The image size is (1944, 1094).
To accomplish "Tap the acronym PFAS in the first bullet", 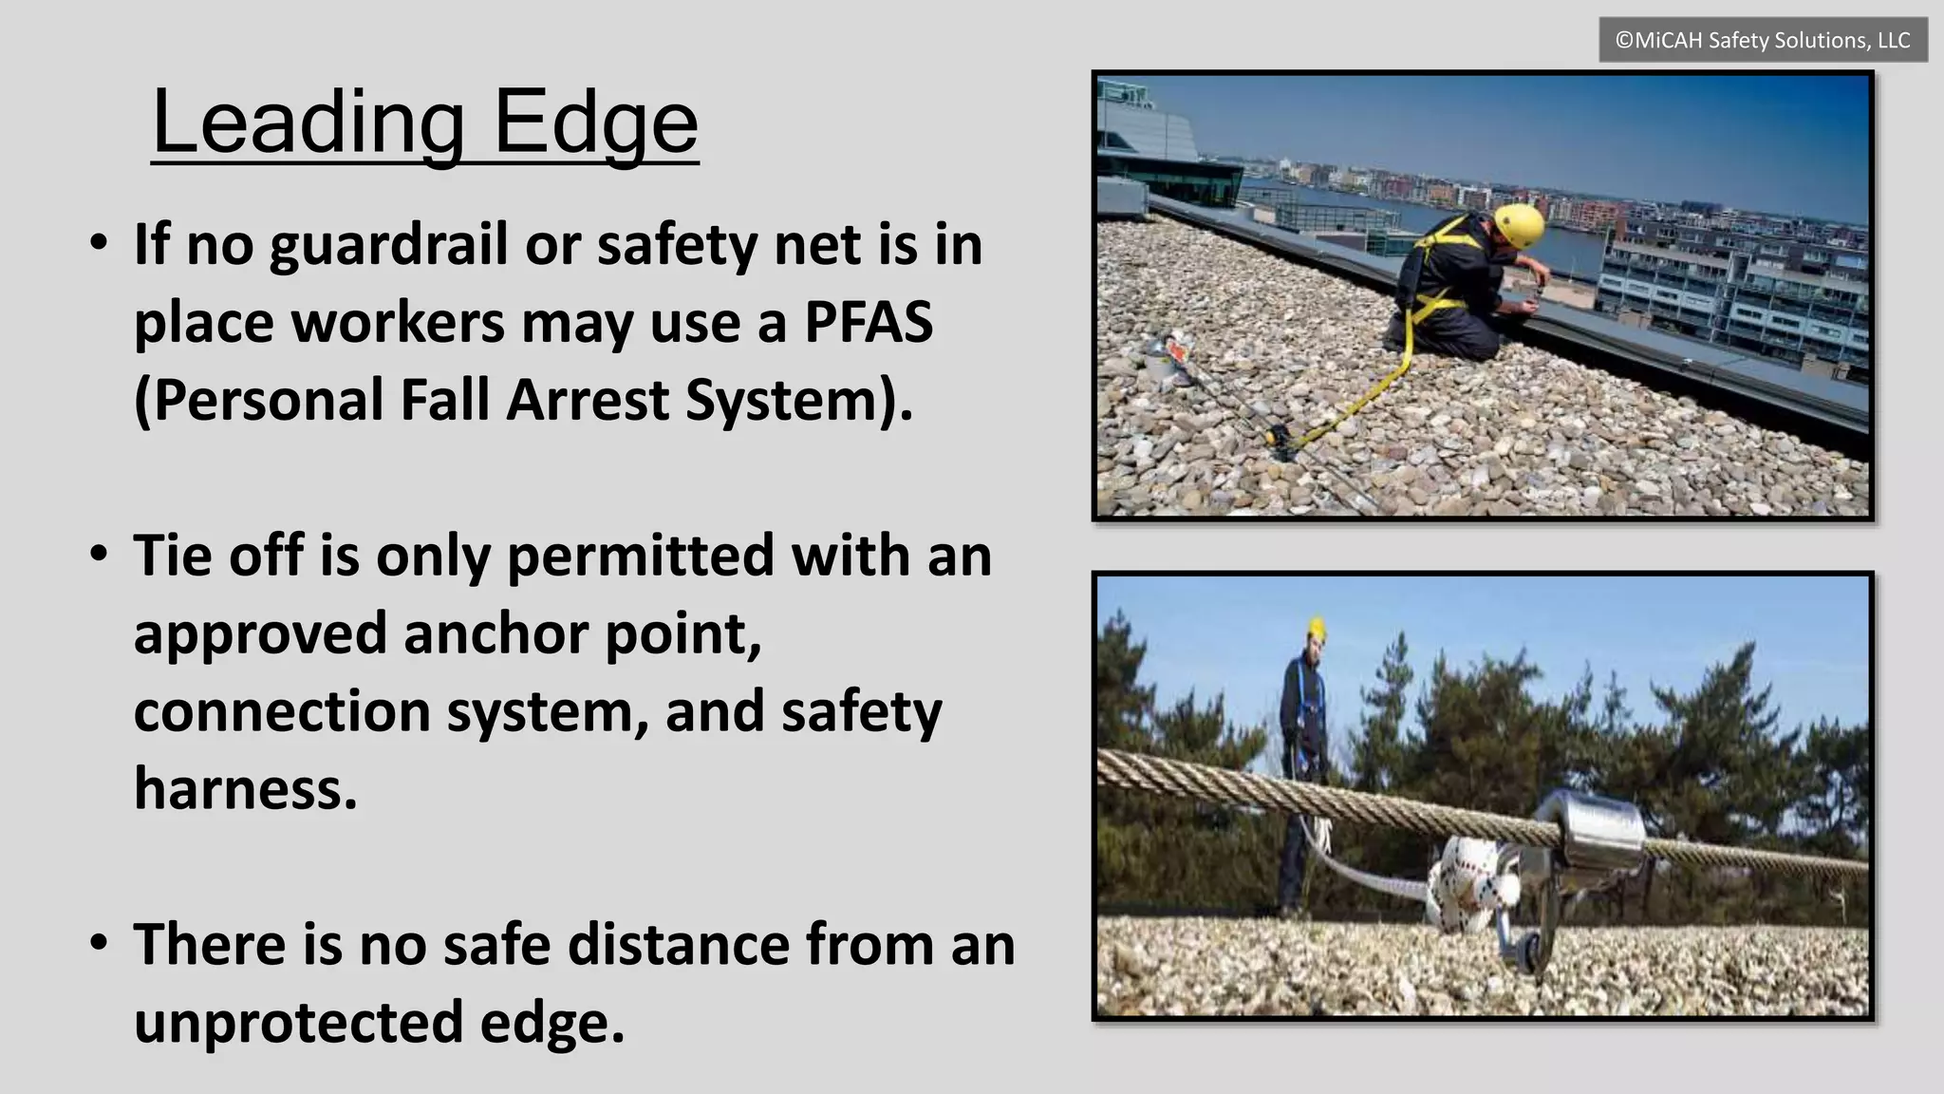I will click(x=869, y=322).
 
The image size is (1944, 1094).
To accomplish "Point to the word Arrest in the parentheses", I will click(x=586, y=400).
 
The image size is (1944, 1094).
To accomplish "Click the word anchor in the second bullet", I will click(x=496, y=633).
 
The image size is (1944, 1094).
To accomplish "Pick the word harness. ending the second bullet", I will click(x=246, y=788).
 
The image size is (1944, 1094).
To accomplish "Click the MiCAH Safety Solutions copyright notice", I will click(x=1763, y=40).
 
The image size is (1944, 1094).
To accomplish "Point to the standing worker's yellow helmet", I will click(x=1316, y=627).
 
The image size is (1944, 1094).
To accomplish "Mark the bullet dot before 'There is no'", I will click(x=99, y=943).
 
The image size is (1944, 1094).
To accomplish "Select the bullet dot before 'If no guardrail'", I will click(x=99, y=243).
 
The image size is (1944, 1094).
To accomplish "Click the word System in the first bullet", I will click(x=798, y=400).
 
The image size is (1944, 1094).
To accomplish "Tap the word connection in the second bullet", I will click(x=283, y=711).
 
